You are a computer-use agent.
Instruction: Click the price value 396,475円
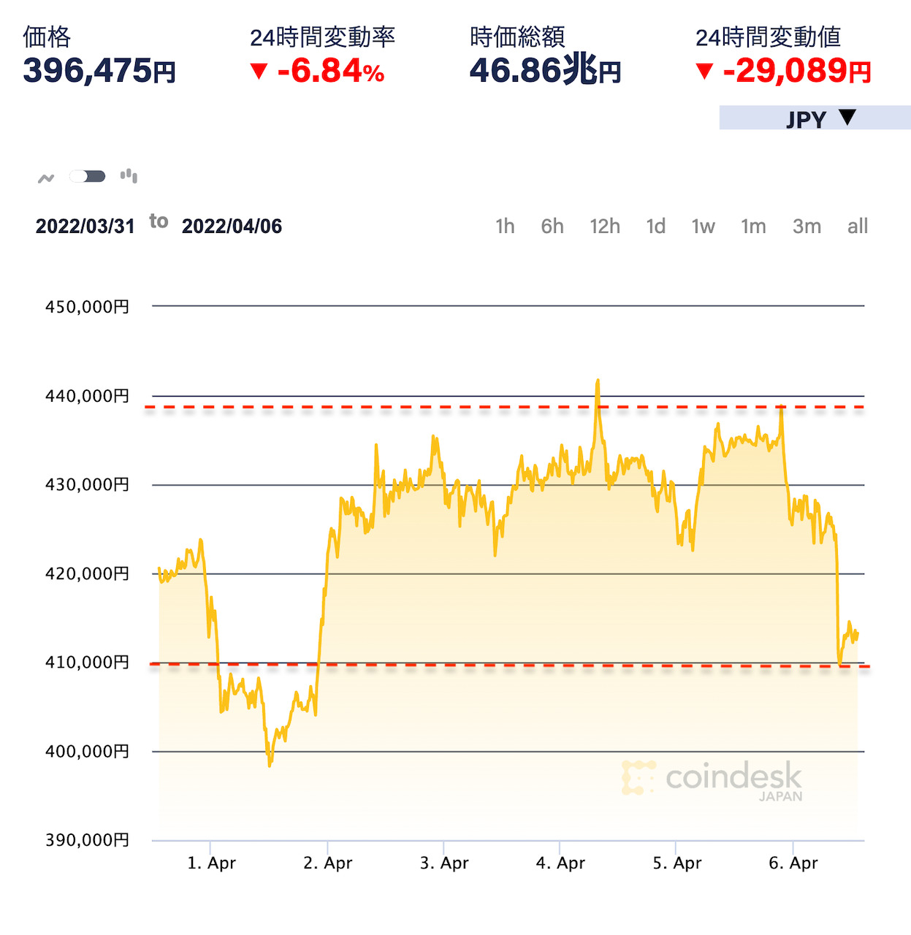click(x=99, y=71)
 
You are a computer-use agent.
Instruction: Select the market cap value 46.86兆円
click(x=545, y=71)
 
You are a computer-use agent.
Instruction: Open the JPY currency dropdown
click(x=815, y=118)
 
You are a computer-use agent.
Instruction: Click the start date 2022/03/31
click(x=85, y=226)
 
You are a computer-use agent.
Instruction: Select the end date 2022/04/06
click(x=232, y=226)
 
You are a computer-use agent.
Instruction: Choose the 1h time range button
click(x=505, y=226)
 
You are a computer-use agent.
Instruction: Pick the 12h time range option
click(x=605, y=226)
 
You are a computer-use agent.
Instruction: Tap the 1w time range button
click(x=703, y=226)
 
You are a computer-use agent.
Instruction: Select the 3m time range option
click(x=807, y=226)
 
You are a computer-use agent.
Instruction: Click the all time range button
click(x=858, y=226)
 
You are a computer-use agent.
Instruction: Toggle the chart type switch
click(x=88, y=176)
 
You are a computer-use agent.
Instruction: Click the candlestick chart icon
click(x=129, y=175)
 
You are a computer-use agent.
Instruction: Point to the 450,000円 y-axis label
click(x=87, y=307)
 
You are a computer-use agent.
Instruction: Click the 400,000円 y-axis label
click(x=87, y=752)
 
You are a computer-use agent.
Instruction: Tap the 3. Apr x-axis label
click(x=444, y=863)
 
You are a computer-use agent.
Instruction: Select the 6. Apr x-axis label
click(x=793, y=863)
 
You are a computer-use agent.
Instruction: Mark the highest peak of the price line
click(x=598, y=381)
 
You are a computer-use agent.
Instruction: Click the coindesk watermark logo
click(x=712, y=779)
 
